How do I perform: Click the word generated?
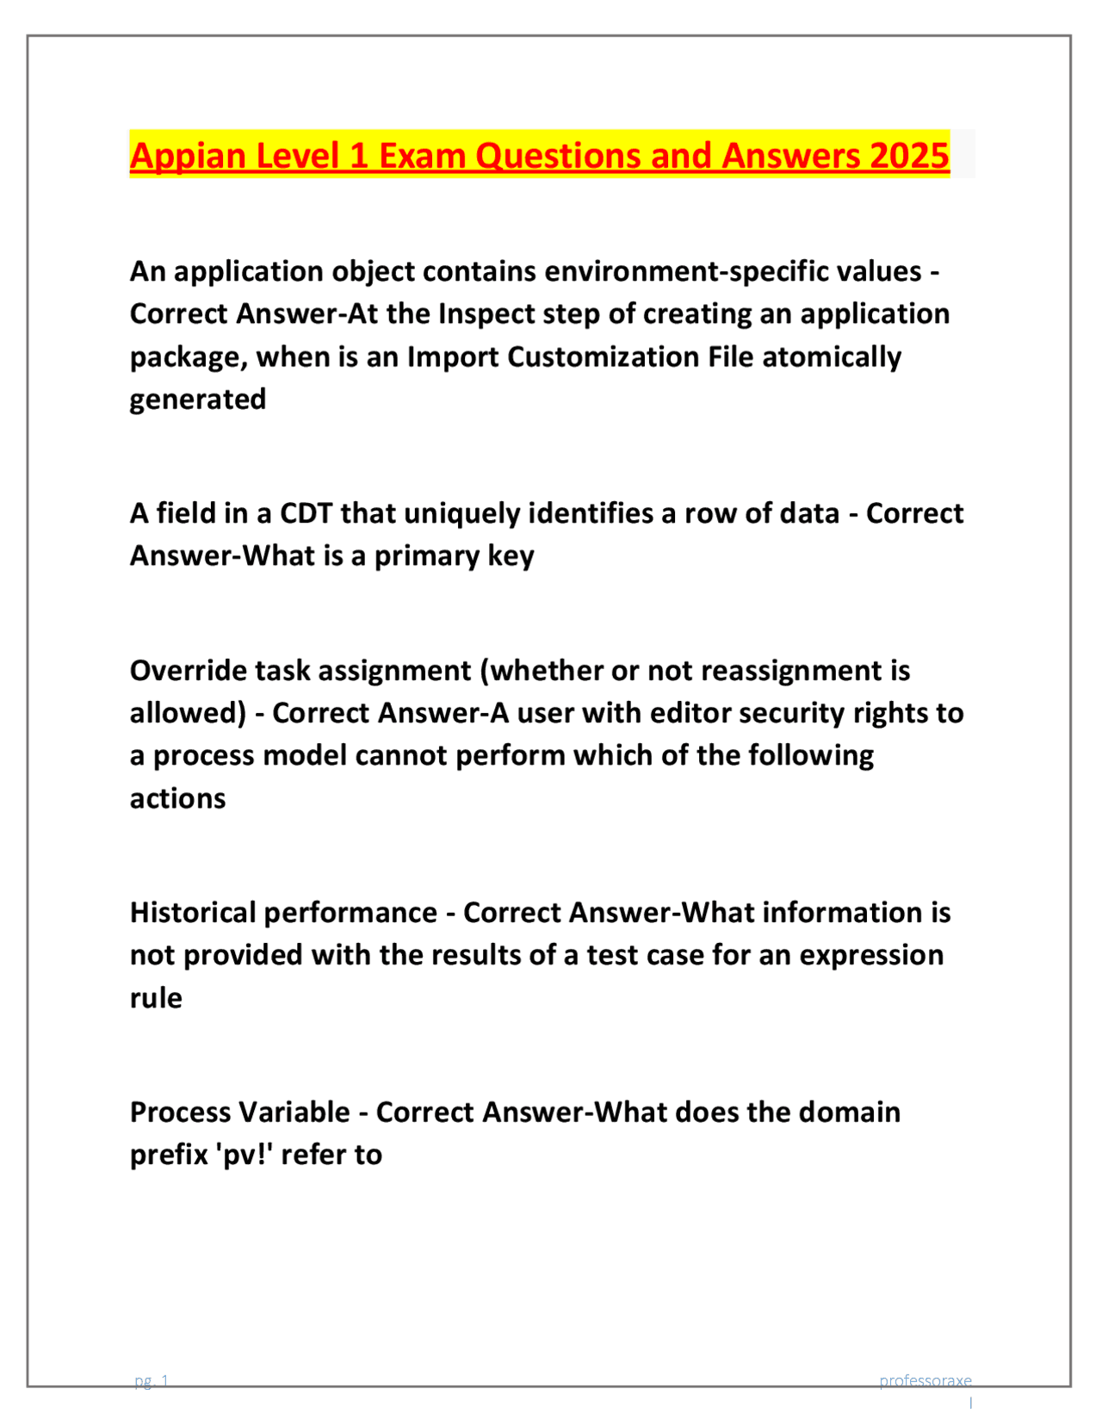(x=197, y=400)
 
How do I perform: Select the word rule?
(x=156, y=998)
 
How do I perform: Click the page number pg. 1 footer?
(x=152, y=1381)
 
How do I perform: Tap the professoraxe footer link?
(x=925, y=1381)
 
